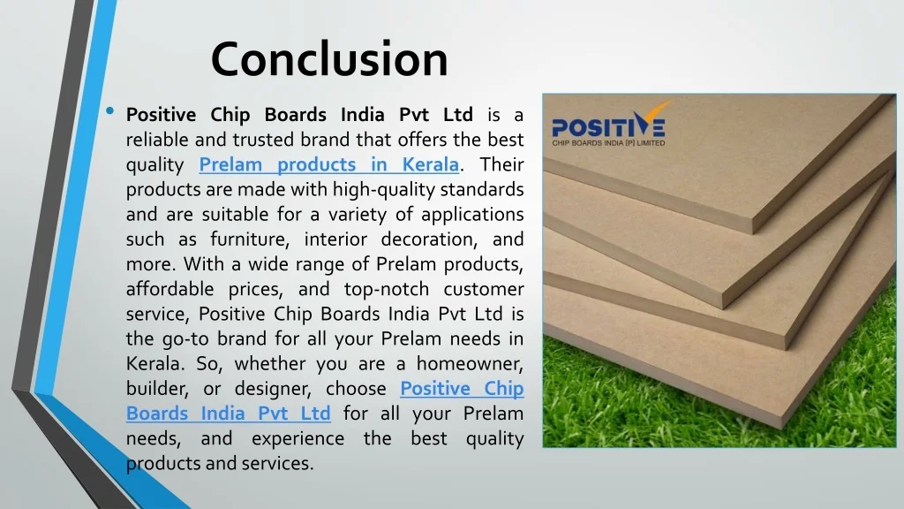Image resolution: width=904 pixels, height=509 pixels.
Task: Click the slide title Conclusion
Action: tap(329, 59)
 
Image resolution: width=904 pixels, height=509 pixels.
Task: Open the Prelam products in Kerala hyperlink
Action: tap(328, 164)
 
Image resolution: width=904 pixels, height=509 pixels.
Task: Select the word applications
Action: tap(472, 215)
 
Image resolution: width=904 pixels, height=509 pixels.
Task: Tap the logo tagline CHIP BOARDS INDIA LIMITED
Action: tap(608, 142)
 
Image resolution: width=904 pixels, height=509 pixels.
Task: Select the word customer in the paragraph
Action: tap(484, 289)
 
